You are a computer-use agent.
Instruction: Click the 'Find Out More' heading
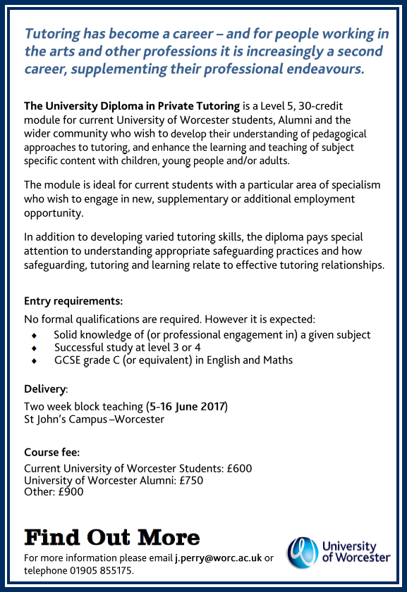click(112, 538)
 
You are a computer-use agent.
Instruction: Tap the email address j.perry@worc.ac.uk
click(218, 558)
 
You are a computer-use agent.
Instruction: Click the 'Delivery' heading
click(45, 389)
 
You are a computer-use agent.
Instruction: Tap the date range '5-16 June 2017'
click(187, 407)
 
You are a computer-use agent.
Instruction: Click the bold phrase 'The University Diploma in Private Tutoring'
click(132, 106)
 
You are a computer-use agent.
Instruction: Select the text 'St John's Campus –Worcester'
click(94, 420)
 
